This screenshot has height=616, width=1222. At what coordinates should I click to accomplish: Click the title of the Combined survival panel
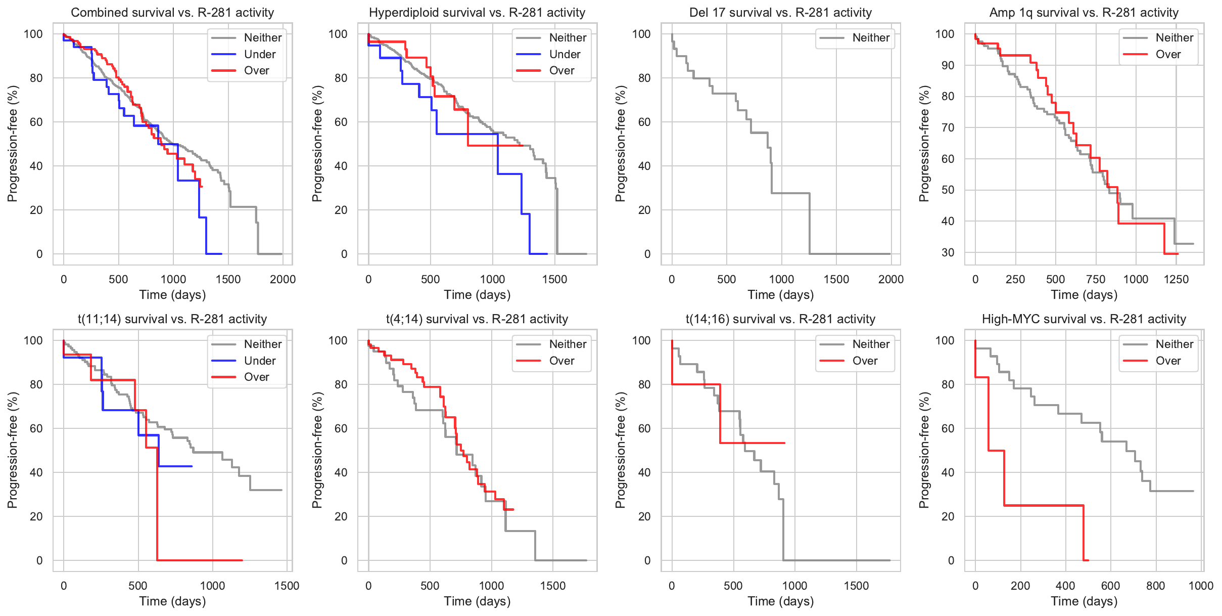172,13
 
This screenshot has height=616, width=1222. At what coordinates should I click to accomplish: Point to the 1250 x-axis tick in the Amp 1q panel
1176,279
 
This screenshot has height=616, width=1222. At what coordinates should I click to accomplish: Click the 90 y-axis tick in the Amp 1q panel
949,65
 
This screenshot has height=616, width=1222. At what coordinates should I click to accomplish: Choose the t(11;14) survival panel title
172,319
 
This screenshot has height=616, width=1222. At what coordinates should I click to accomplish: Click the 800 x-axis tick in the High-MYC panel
1156,586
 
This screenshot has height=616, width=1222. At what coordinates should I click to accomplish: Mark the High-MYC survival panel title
1084,319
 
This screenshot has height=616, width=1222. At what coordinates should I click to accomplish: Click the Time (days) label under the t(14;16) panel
781,601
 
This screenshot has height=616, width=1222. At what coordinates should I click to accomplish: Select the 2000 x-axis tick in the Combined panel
283,279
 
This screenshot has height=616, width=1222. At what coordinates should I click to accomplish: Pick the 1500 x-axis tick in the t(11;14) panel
287,586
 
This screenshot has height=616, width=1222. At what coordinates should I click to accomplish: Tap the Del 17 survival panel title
781,13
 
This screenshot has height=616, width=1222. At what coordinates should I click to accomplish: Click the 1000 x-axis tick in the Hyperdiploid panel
492,279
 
